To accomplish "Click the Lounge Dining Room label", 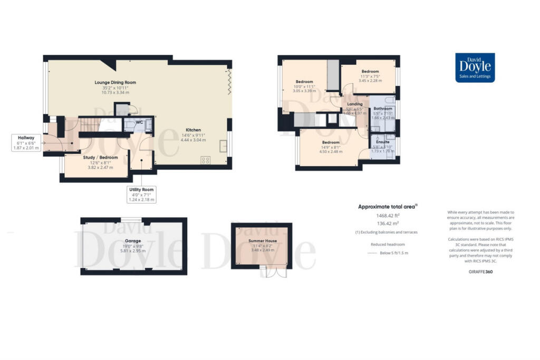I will tap(115, 82).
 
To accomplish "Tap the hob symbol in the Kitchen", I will tap(206, 161).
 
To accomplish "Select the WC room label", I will tap(139, 122).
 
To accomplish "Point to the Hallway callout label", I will tap(23, 143).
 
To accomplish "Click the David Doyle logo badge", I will tap(475, 68).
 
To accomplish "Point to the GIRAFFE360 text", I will tap(480, 270).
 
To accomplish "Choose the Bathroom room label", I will tap(383, 109).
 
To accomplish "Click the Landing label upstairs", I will tap(354, 104).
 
